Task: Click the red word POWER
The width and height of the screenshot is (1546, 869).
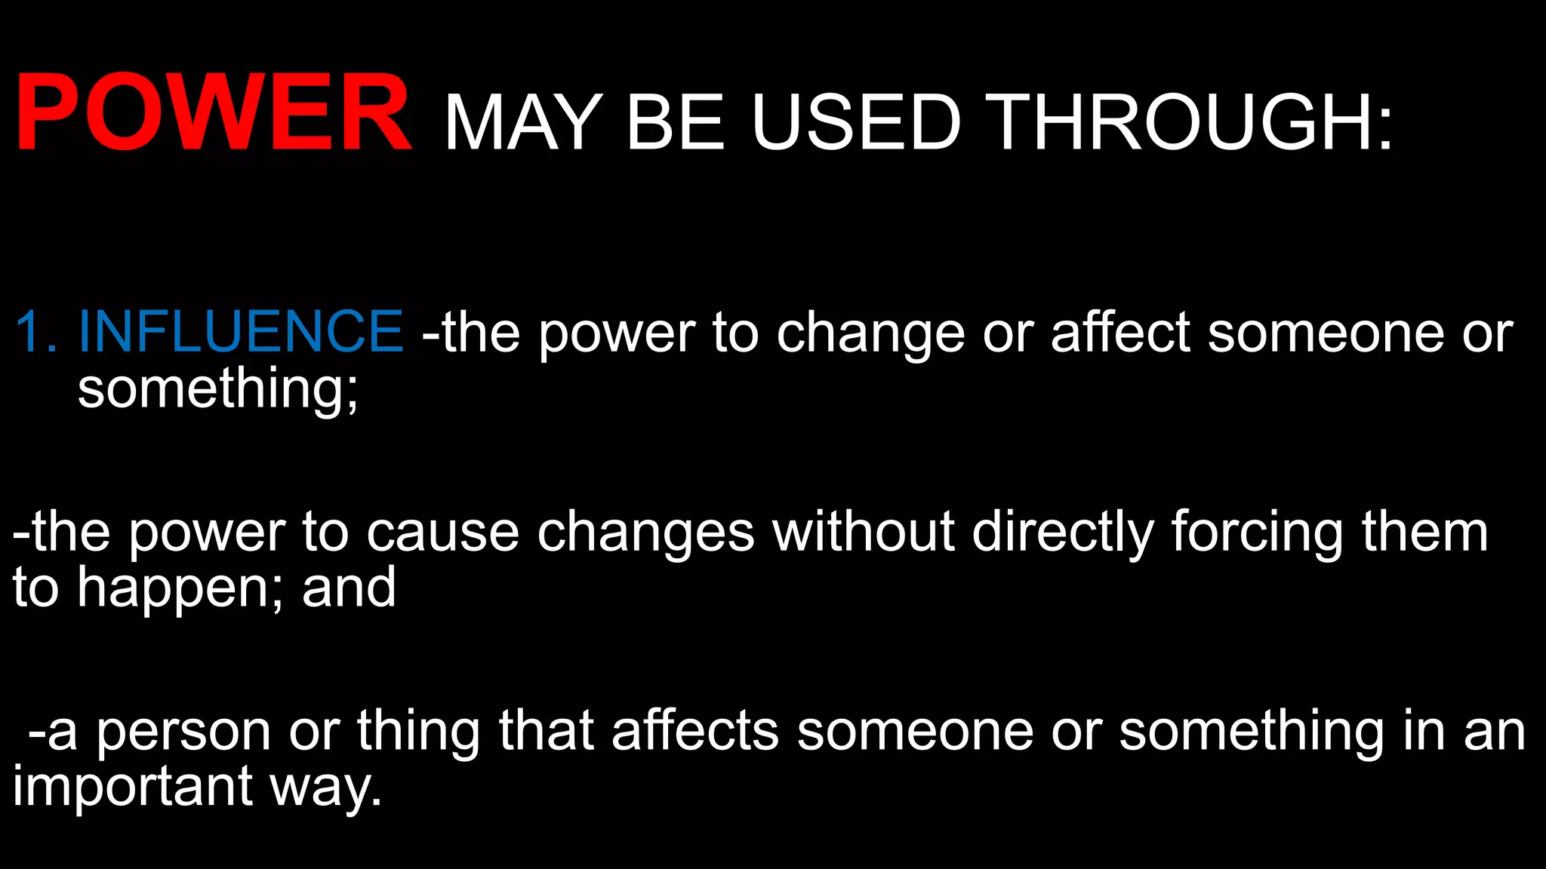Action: (213, 114)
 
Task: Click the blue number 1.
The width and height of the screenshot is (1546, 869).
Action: (35, 331)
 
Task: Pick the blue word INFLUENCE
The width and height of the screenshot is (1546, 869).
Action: (241, 331)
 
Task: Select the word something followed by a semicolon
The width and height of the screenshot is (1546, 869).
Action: (217, 390)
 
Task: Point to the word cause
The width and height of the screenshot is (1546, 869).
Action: (443, 533)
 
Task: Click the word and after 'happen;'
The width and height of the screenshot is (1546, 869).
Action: (349, 588)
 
